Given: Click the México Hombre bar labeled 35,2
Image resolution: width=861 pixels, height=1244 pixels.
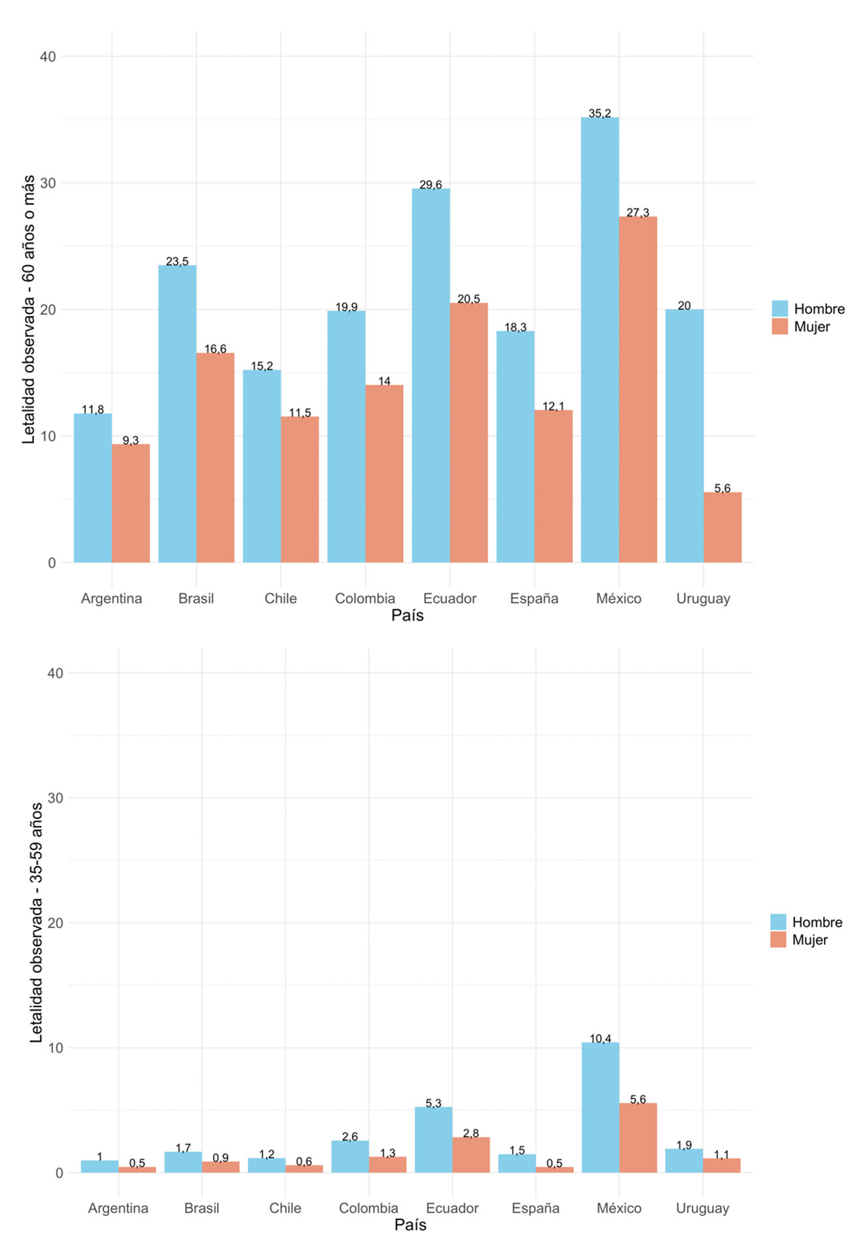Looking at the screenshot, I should (x=599, y=340).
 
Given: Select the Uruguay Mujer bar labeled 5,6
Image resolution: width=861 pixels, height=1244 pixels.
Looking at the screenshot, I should (x=722, y=527).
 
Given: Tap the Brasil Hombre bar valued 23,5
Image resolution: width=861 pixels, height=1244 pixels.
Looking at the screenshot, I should (x=177, y=413).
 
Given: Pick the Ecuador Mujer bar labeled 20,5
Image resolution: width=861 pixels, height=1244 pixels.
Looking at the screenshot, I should (x=468, y=432).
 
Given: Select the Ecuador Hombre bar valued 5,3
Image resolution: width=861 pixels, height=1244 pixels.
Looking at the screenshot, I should (x=433, y=1140).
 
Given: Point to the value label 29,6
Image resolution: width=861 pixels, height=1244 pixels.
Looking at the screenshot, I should (x=431, y=185).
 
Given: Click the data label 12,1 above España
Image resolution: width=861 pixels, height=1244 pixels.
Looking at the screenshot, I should (x=553, y=406).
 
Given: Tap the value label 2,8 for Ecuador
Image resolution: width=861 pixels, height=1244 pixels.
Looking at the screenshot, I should (x=471, y=1133).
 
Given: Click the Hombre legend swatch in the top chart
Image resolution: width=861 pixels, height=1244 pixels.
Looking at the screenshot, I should (x=779, y=309).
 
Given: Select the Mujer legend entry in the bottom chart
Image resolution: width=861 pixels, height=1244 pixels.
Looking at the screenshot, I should (x=809, y=940).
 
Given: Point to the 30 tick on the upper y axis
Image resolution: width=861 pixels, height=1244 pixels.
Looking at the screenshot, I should (x=48, y=183).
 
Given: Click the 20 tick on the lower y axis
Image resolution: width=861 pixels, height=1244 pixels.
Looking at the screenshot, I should (x=56, y=923).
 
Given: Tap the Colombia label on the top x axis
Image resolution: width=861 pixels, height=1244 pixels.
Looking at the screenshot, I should (x=365, y=598).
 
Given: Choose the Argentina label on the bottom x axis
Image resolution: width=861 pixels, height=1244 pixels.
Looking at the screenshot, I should (x=118, y=1208).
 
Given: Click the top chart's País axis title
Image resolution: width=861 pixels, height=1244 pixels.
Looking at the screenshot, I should (x=407, y=615).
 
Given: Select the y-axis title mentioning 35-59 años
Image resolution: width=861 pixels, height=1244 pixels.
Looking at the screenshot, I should (x=37, y=921).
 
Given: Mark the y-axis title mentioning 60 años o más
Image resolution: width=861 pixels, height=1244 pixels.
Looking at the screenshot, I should (x=29, y=309).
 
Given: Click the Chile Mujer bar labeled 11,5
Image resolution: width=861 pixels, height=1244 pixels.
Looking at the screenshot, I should (x=300, y=489).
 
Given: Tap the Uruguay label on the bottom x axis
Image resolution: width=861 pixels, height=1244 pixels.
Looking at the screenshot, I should (x=702, y=1208).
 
